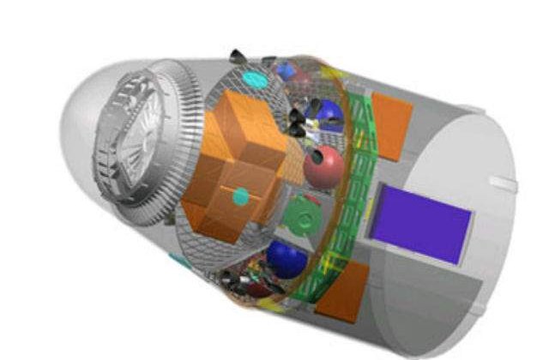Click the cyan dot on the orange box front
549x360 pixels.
(x=243, y=197)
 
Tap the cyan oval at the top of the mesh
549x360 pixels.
(x=255, y=79)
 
